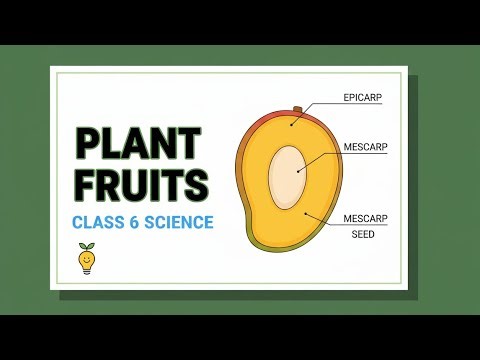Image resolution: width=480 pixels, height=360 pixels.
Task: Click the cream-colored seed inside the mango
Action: pyautogui.click(x=288, y=171)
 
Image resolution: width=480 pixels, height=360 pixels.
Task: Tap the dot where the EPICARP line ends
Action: pyautogui.click(x=294, y=123)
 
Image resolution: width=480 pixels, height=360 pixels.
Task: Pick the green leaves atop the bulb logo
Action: pyautogui.click(x=87, y=246)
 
